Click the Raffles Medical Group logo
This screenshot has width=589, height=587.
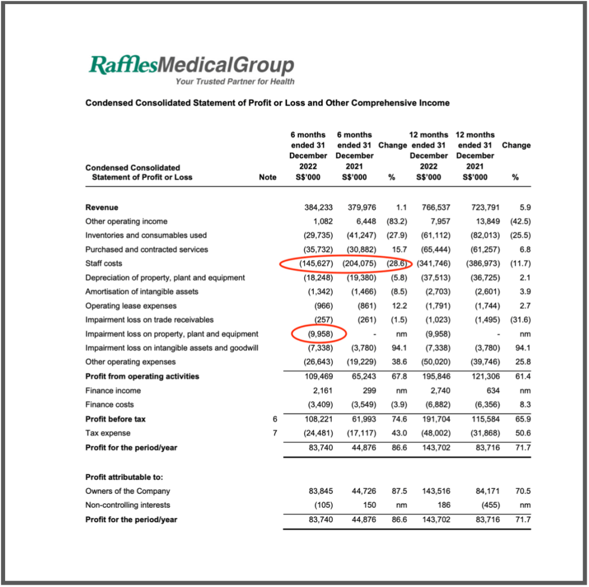pyautogui.click(x=191, y=65)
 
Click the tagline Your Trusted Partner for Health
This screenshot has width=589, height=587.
pyautogui.click(x=235, y=82)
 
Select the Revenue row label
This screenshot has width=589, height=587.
pyautogui.click(x=101, y=207)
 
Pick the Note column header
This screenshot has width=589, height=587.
pyautogui.click(x=267, y=177)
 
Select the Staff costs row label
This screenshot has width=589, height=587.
pyautogui.click(x=104, y=264)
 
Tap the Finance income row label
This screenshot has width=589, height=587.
pyautogui.click(x=113, y=391)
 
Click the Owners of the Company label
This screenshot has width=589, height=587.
pyautogui.click(x=128, y=491)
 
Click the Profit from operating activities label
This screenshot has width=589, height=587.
pyautogui.click(x=142, y=377)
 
